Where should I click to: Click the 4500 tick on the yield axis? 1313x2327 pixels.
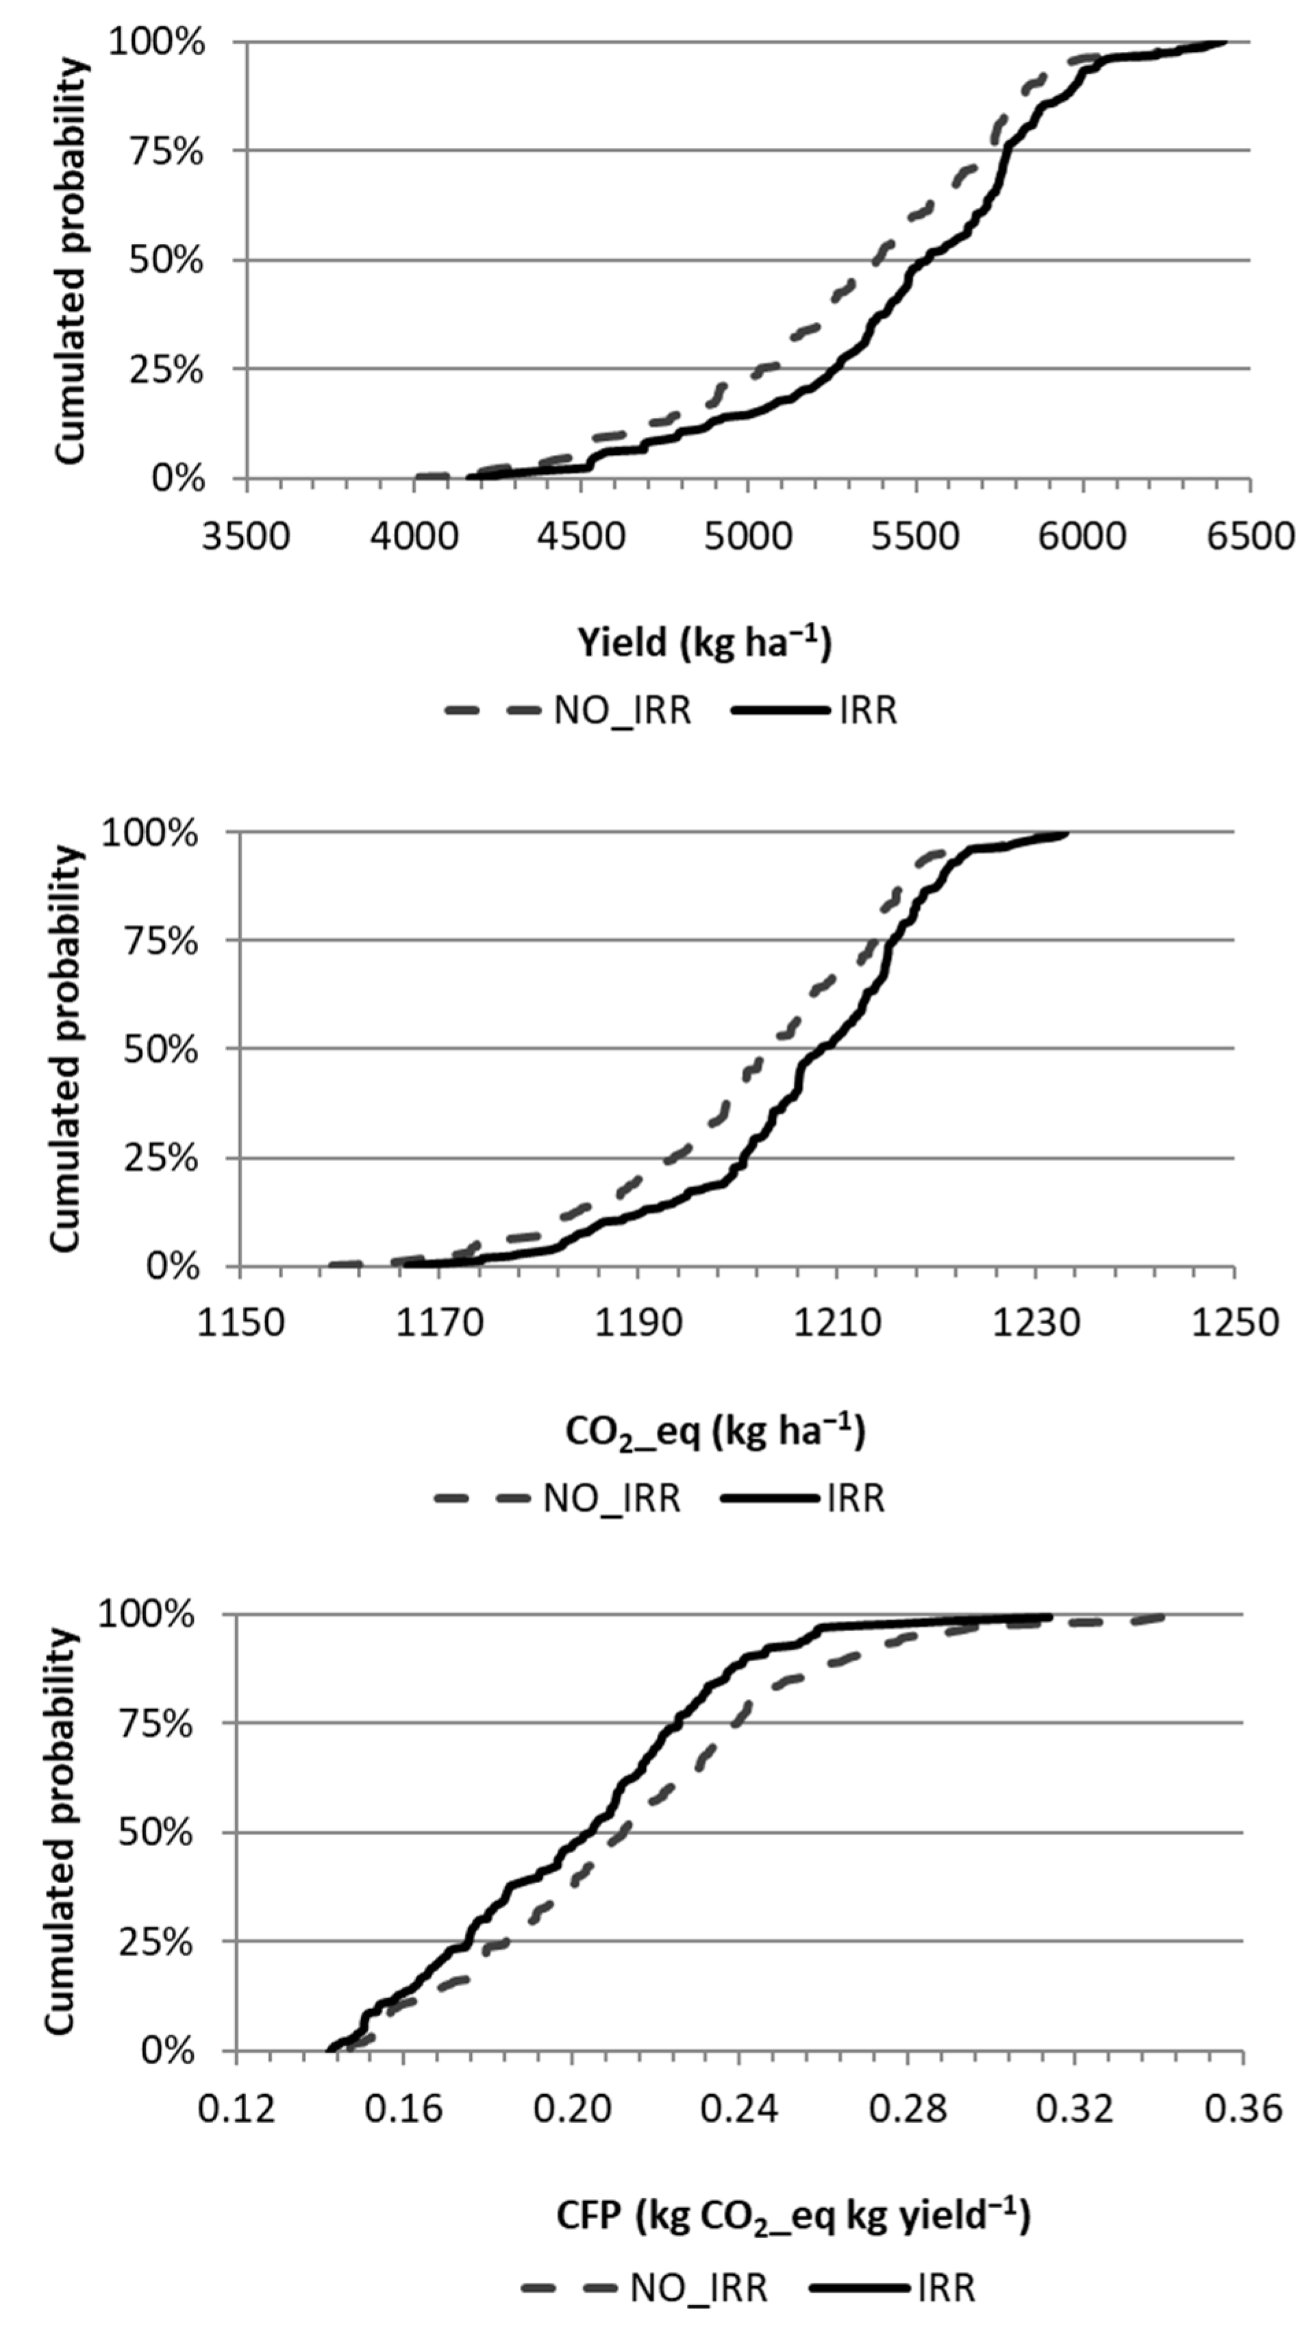click(582, 536)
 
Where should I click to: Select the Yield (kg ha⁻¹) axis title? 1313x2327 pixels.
click(704, 643)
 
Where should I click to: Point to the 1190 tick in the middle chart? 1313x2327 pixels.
click(638, 1323)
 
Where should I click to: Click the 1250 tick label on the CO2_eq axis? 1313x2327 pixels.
click(1234, 1323)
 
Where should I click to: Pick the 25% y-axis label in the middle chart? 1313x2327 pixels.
click(161, 1159)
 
